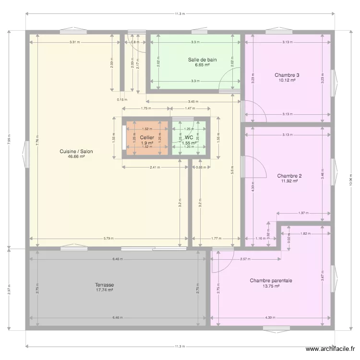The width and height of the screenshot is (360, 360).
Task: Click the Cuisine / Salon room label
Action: (x=76, y=151)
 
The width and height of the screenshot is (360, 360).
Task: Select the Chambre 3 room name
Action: (x=287, y=75)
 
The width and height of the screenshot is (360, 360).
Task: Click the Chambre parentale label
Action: (x=271, y=280)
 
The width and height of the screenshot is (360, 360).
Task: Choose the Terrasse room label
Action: (x=104, y=285)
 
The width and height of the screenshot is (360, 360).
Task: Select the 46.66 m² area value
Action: (x=76, y=156)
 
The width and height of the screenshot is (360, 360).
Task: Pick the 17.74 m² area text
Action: (x=104, y=290)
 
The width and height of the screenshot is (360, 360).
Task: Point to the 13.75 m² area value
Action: (x=271, y=286)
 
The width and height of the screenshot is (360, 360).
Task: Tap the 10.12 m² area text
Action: (x=287, y=80)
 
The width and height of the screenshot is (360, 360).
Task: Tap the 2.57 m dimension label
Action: (x=244, y=259)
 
